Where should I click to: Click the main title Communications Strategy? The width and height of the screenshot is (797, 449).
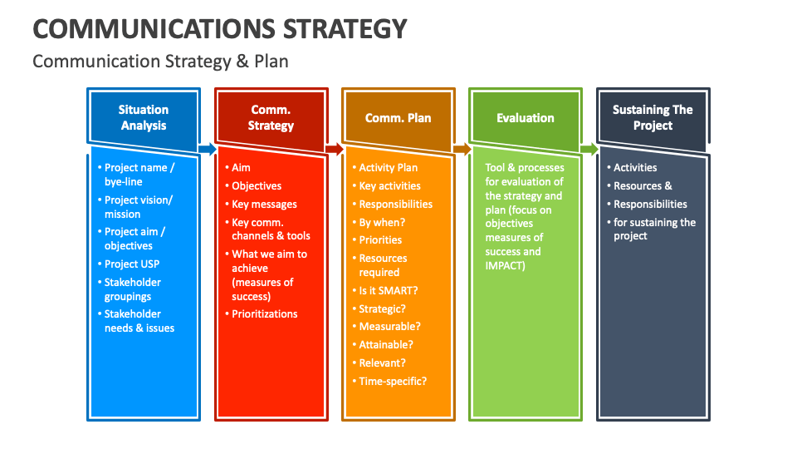220,28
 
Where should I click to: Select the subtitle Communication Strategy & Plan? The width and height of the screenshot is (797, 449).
160,62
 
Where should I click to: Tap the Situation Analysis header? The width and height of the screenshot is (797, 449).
144,117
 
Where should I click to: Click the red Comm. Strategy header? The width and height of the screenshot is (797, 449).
271,117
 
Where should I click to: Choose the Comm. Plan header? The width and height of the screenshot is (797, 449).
398,118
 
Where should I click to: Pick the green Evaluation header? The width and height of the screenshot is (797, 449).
526,118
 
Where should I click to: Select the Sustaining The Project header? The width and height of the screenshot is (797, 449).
653,117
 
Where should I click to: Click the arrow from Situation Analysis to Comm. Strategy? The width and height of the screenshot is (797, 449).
208,150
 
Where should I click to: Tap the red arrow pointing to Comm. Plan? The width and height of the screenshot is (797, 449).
335,150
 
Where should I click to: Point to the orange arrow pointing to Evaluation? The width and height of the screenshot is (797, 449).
462,150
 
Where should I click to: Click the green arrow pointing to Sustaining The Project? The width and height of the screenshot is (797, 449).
589,150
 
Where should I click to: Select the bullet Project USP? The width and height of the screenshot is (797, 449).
132,264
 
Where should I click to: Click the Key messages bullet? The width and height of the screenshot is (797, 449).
264,205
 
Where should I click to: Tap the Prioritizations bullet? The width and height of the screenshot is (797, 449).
265,314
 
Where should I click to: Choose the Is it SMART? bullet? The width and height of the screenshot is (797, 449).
389,290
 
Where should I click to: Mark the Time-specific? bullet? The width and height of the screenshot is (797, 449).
393,382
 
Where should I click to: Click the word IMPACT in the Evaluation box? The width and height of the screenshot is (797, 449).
504,266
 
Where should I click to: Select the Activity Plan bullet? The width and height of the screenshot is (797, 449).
389,168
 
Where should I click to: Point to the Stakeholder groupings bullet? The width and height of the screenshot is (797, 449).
132,289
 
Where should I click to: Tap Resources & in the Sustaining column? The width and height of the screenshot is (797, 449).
643,186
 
